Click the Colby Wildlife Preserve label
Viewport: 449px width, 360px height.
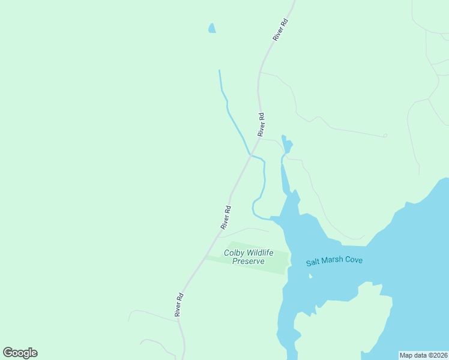(x=249, y=257)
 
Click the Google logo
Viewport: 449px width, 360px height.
(x=20, y=353)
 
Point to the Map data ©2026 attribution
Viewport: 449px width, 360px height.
(x=423, y=355)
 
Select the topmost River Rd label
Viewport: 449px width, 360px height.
(x=280, y=29)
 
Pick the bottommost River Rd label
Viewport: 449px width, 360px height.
(x=179, y=305)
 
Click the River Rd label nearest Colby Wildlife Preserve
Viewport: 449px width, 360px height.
(x=226, y=218)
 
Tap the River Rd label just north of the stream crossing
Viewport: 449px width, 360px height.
(x=261, y=124)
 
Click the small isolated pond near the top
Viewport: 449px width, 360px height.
(x=211, y=28)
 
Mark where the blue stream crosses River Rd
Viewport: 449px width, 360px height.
(x=250, y=155)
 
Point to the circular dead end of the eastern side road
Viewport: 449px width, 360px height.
(x=385, y=136)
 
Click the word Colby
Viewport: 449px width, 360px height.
(x=235, y=253)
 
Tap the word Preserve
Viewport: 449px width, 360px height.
(x=249, y=262)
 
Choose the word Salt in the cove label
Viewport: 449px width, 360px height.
(x=313, y=262)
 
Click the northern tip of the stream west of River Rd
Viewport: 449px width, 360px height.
(x=219, y=71)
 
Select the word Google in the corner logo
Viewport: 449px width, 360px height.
(x=20, y=353)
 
